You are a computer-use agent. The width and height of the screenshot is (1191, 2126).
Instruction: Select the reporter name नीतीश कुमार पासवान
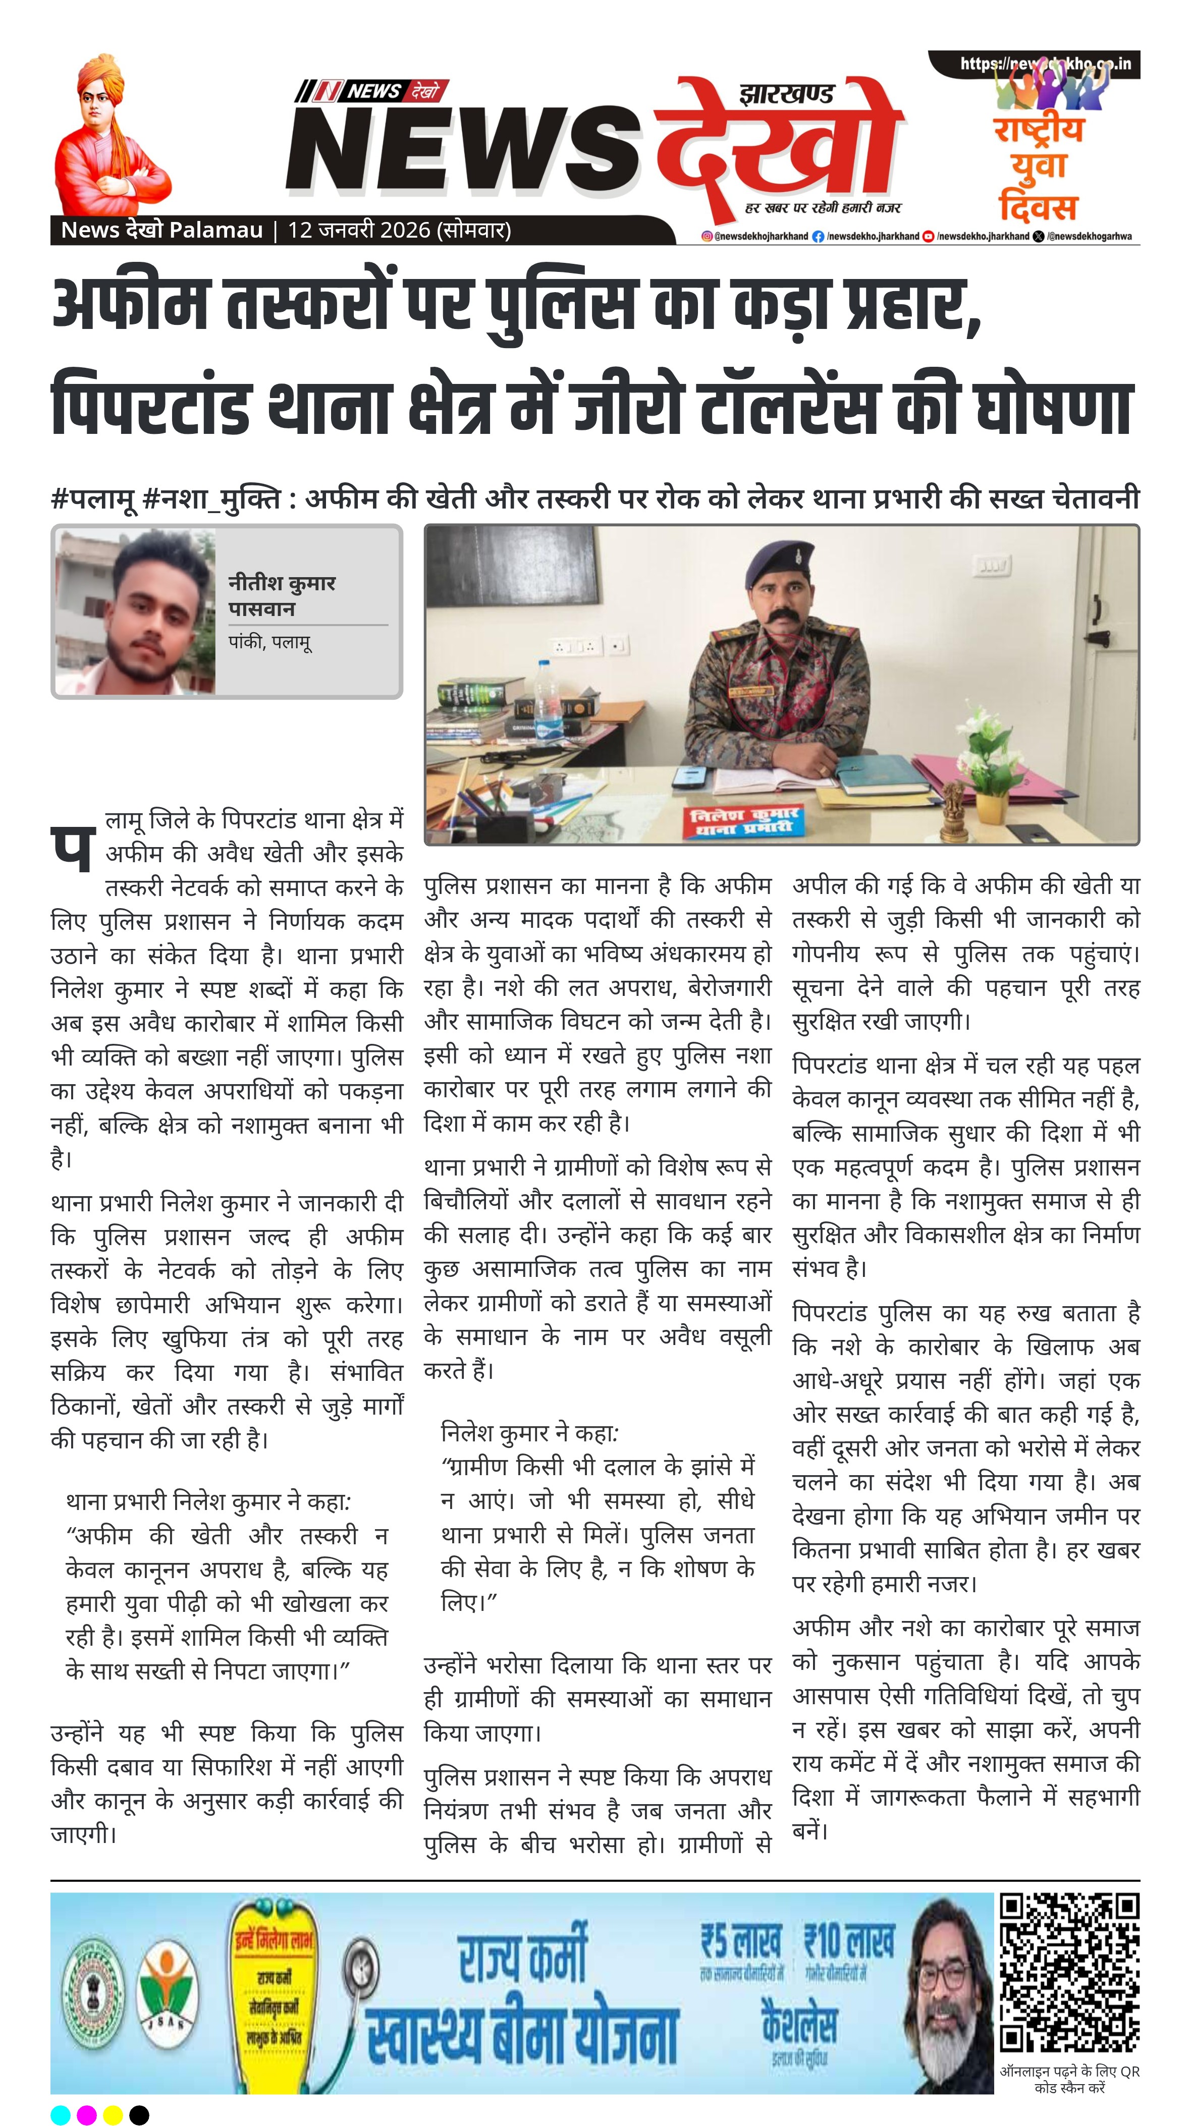(282, 595)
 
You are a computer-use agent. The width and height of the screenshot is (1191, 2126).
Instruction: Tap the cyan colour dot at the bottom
(60, 2114)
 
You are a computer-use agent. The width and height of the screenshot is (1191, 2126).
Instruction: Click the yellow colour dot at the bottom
(113, 2114)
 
